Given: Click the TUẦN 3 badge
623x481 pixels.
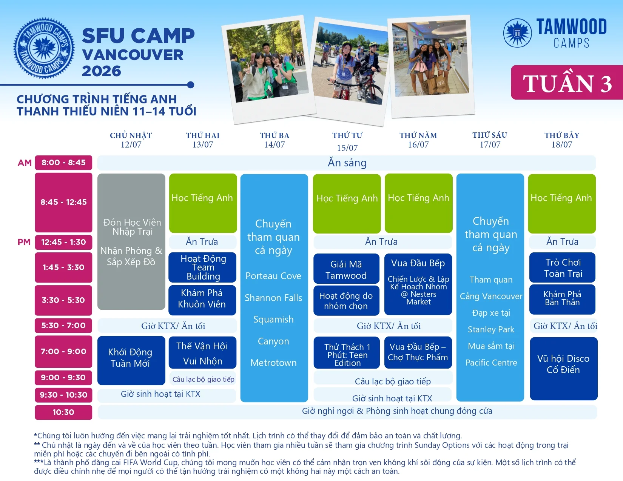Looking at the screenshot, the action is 567,83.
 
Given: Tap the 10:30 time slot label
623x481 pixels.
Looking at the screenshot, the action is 63,412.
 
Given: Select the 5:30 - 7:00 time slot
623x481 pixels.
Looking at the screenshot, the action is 63,326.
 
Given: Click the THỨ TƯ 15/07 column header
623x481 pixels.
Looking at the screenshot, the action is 347,141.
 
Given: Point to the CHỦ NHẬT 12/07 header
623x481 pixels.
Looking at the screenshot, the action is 131,140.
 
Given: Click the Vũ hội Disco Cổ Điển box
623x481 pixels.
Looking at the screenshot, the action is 563,369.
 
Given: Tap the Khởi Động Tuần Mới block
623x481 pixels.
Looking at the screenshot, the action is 131,360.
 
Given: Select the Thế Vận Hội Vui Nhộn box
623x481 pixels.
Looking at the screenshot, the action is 202,352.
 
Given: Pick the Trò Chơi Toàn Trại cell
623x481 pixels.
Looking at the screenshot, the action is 563,267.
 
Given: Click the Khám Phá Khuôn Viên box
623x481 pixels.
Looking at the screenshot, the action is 202,300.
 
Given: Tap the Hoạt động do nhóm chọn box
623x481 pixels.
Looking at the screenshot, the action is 346,300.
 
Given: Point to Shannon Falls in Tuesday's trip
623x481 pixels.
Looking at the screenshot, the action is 273,298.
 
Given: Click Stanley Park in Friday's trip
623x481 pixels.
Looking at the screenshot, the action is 491,329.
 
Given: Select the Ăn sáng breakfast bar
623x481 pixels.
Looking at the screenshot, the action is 347,163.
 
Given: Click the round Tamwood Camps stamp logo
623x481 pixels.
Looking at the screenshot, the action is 44,48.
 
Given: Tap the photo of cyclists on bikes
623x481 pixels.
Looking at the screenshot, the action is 349,71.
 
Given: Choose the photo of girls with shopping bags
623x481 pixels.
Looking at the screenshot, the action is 431,66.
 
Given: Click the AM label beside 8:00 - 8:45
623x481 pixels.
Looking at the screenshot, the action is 25,163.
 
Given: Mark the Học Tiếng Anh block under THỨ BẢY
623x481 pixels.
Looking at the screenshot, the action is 562,203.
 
